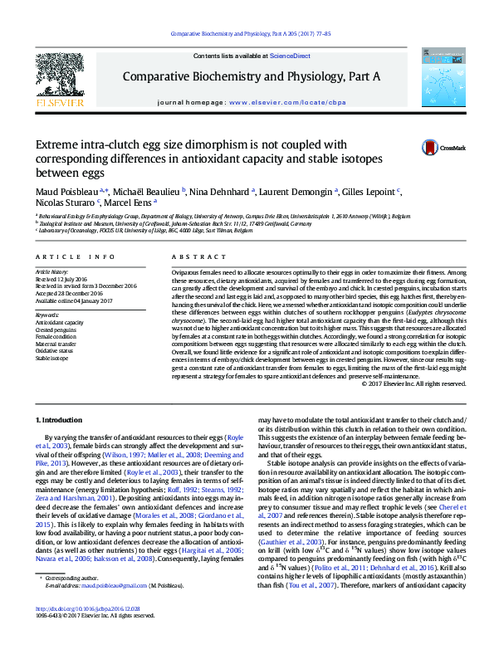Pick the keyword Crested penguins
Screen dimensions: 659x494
tap(56, 330)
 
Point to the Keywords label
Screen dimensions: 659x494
tap(47, 315)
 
